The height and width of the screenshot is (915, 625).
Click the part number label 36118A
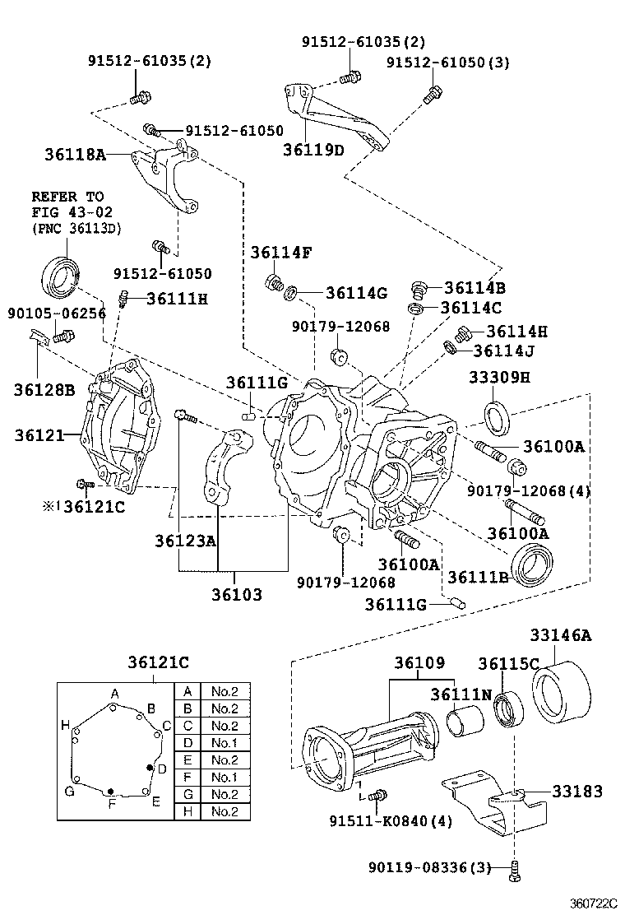click(x=76, y=154)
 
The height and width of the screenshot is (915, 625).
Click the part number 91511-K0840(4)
click(x=391, y=821)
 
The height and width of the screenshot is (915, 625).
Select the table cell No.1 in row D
click(x=225, y=743)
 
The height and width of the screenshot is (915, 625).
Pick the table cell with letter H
click(x=187, y=811)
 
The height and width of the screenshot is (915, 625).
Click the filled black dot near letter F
click(x=110, y=792)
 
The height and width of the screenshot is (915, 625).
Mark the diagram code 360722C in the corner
click(x=595, y=903)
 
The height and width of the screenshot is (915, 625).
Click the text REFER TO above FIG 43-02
click(x=67, y=197)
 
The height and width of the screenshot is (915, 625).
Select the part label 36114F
click(x=280, y=252)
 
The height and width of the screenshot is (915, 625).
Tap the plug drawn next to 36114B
click(x=420, y=290)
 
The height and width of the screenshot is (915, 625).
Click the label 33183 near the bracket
click(x=576, y=792)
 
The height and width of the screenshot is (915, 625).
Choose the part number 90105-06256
click(x=45, y=313)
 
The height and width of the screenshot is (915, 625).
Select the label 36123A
click(x=185, y=541)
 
